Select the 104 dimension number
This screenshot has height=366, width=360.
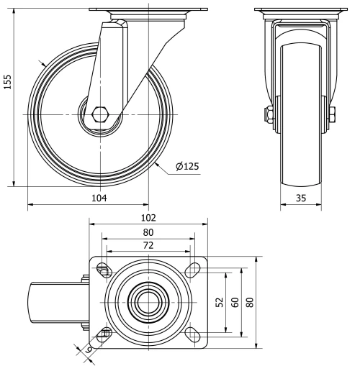pyautogui.click(x=87, y=198)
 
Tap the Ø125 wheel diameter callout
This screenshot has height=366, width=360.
pyautogui.click(x=186, y=167)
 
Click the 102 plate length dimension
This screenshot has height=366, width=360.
pyautogui.click(x=148, y=217)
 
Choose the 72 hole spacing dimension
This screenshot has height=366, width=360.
pyautogui.click(x=148, y=246)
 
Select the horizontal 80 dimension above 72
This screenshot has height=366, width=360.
pyautogui.click(x=148, y=232)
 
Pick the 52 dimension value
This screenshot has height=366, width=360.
pyautogui.click(x=220, y=302)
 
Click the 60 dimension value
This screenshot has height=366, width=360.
pyautogui.click(x=234, y=302)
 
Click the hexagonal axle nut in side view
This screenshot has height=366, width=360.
pyautogui.click(x=100, y=114)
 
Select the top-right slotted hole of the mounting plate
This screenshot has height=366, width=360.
pyautogui.click(x=192, y=270)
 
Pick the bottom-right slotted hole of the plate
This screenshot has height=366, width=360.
pyautogui.click(x=192, y=334)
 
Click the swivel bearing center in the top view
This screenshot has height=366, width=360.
pyautogui.click(x=148, y=302)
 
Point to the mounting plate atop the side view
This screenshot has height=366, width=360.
pyautogui.click(x=148, y=10)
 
